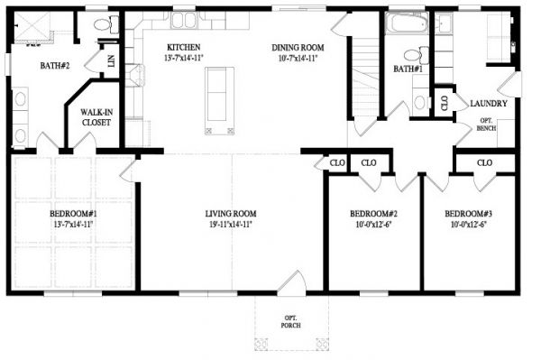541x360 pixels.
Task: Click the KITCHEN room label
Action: pos(184,47)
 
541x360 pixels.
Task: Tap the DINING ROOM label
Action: pos(298,48)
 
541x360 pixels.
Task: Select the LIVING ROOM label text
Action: pos(231,214)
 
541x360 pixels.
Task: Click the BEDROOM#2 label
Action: pos(373,214)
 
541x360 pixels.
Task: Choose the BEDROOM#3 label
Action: pos(469,214)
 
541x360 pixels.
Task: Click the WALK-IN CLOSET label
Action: pos(96,117)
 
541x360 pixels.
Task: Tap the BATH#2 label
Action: pos(55,66)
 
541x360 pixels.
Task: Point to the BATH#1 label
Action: pos(408,69)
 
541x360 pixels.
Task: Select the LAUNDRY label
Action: pos(489,103)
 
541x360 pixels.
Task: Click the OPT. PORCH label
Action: pos(291,322)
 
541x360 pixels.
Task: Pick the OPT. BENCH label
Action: pos(487,125)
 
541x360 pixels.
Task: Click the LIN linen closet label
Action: pos(111,61)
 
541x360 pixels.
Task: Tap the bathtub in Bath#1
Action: pos(407,23)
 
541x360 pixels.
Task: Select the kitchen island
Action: pos(219,100)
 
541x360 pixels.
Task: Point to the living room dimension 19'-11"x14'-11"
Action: pos(231,225)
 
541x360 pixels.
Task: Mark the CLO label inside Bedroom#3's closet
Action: pos(484,162)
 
